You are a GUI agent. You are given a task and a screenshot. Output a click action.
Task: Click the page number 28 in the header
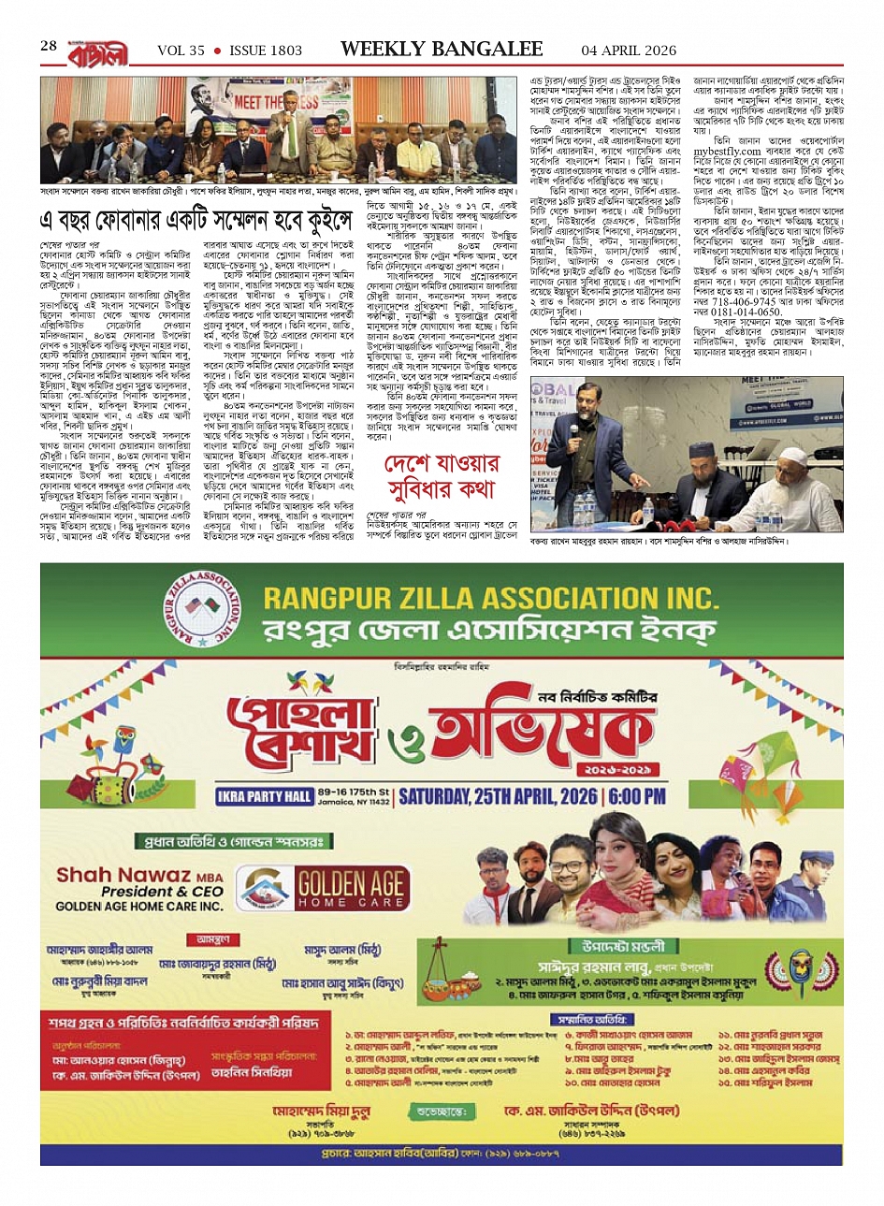point(49,46)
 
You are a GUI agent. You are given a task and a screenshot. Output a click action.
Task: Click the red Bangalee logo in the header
point(95,50)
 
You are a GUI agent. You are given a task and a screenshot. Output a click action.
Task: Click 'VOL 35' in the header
point(181,51)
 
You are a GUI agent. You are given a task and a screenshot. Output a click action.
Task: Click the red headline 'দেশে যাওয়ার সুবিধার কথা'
point(442,475)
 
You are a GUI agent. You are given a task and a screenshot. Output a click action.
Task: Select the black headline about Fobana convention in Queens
point(196,223)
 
